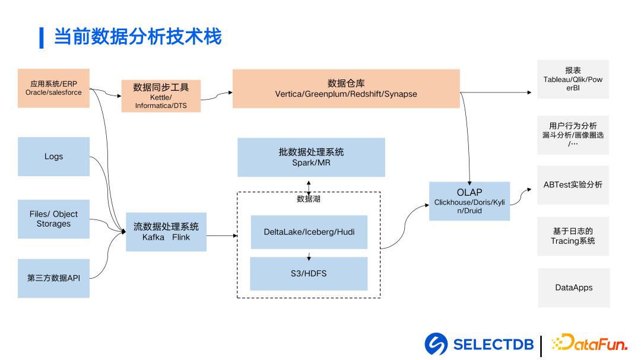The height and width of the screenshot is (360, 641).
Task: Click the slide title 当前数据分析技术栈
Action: pos(138,37)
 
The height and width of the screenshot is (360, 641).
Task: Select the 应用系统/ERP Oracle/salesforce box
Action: pos(53,88)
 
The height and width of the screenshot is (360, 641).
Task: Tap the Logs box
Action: pos(53,157)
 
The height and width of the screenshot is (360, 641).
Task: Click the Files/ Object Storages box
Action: pos(53,219)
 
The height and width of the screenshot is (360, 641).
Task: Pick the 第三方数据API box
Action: pos(53,278)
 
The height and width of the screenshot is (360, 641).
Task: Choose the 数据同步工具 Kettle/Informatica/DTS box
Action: pos(161,96)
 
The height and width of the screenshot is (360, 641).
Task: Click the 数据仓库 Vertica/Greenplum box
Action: pos(346,88)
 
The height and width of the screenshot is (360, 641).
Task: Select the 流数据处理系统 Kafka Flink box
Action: pos(166,232)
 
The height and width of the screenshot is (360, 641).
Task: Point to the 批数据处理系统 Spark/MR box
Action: pos(311,157)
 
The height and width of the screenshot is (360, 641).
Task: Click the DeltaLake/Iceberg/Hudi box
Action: pos(309,232)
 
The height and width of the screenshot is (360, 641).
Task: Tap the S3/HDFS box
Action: pos(309,273)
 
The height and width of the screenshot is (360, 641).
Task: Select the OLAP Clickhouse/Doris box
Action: pos(469,201)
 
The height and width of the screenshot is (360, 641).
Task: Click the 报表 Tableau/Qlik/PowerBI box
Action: pos(573,79)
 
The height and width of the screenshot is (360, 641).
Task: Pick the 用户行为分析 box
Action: pos(573,135)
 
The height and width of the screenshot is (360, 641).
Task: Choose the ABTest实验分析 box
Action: pos(573,184)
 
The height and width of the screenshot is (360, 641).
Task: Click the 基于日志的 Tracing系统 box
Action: pos(573,236)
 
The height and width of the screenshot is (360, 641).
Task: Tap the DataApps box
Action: pos(573,288)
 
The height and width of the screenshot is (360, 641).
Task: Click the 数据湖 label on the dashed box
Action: pos(309,199)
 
